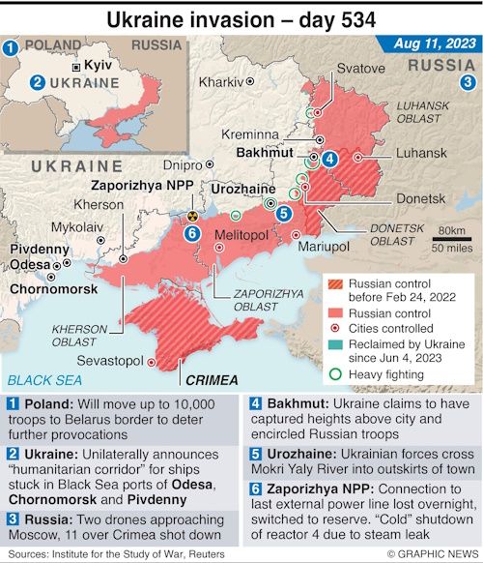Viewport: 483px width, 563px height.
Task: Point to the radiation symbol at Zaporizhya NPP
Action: tap(193, 216)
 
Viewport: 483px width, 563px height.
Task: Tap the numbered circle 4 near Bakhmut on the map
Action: tap(330, 160)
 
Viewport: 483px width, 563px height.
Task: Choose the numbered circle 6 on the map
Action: tap(192, 233)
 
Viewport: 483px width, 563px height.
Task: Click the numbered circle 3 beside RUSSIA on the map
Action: tap(468, 82)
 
